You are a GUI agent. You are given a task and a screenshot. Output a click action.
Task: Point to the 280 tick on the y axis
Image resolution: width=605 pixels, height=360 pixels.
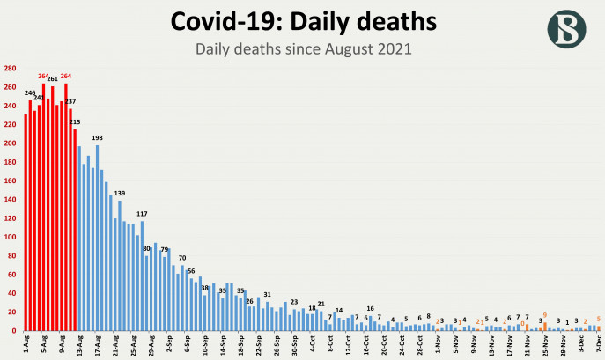click(x=9, y=69)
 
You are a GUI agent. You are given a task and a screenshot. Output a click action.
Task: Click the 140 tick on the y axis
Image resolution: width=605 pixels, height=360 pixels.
click(x=9, y=200)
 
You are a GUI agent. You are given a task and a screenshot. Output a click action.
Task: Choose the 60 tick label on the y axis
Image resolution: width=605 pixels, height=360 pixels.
click(x=11, y=275)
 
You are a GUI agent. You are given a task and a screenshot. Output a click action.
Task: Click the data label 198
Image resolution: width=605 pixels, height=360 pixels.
click(x=97, y=138)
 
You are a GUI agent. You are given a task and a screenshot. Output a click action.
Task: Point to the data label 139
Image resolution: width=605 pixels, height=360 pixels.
click(x=119, y=194)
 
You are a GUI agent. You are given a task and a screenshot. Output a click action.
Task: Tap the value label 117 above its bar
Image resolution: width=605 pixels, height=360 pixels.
click(x=142, y=214)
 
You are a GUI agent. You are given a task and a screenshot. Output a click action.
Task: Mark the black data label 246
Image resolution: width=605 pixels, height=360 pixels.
click(x=29, y=93)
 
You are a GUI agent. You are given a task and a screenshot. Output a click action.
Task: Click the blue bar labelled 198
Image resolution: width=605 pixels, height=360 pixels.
click(x=97, y=238)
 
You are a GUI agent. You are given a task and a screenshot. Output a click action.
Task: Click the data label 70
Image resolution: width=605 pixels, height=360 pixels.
click(x=182, y=258)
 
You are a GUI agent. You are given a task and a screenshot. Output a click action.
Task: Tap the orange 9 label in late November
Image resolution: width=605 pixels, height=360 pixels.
click(x=545, y=315)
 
